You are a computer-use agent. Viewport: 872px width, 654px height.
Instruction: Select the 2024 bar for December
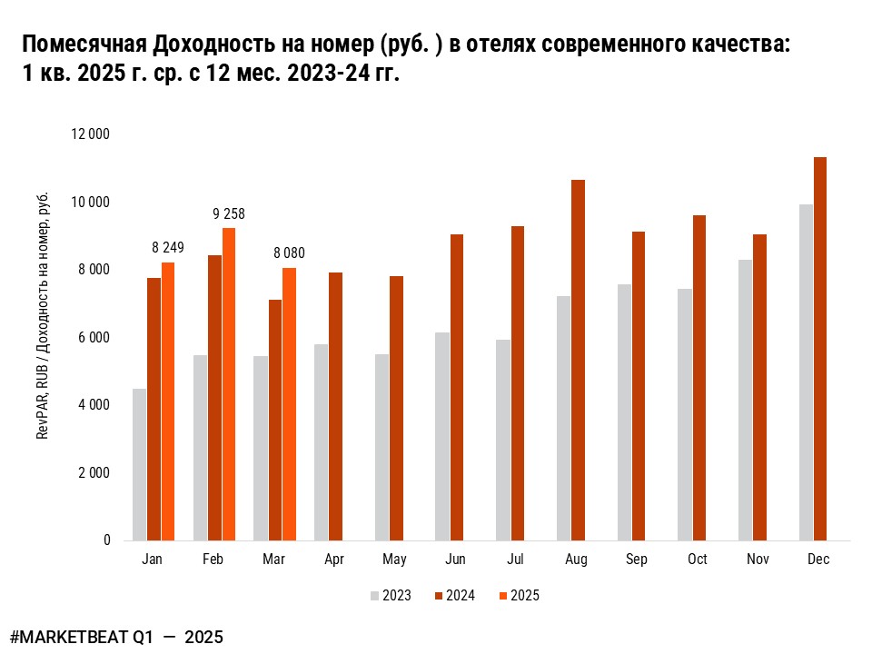click(820, 349)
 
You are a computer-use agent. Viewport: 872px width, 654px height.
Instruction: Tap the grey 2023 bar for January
click(139, 464)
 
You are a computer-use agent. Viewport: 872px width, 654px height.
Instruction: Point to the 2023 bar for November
click(745, 400)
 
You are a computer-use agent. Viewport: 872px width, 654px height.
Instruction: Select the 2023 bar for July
click(503, 440)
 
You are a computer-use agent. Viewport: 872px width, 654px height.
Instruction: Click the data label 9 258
click(229, 214)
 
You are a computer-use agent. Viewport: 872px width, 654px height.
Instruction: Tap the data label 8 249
click(168, 247)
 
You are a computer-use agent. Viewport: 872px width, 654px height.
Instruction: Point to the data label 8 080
click(289, 253)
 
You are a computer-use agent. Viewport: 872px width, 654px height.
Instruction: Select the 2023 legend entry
click(391, 596)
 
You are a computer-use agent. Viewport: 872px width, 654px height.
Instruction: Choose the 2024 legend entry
click(454, 596)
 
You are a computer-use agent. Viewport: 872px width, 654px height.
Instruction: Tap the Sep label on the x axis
click(637, 560)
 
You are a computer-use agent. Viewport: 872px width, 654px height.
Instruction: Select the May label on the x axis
click(394, 560)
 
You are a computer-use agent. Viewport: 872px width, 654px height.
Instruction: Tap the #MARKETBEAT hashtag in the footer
click(77, 637)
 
